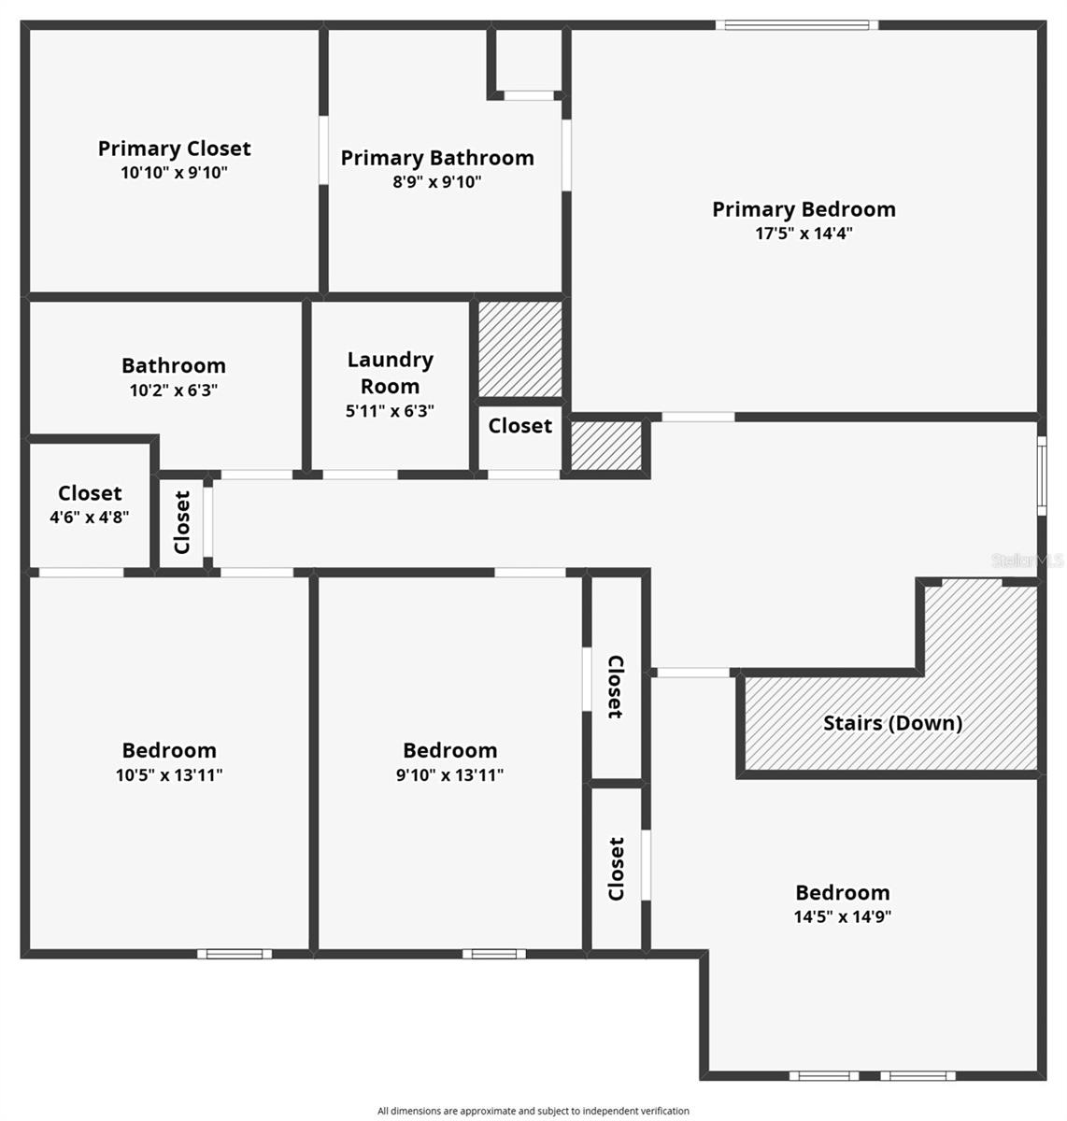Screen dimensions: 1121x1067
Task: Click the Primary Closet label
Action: tap(174, 149)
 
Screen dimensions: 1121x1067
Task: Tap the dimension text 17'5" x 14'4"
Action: tap(804, 234)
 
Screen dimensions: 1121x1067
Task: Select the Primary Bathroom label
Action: tap(437, 158)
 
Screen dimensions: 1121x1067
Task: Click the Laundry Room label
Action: tap(390, 373)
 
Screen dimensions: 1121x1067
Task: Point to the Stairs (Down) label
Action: tap(892, 722)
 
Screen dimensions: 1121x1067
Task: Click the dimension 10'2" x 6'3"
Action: tap(174, 390)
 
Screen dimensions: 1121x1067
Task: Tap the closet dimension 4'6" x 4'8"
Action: tap(90, 517)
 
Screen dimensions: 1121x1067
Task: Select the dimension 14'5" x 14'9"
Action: tap(842, 916)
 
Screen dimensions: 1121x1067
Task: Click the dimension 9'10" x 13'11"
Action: tap(449, 774)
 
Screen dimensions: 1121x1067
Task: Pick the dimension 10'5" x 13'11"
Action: tap(169, 774)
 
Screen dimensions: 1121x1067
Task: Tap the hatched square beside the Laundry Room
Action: tap(520, 348)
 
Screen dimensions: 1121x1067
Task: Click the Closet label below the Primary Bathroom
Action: tap(520, 426)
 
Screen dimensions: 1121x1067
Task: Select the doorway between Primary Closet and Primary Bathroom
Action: tap(323, 150)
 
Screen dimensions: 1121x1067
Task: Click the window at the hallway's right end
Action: tap(1041, 475)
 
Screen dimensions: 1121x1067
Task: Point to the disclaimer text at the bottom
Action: tap(533, 1111)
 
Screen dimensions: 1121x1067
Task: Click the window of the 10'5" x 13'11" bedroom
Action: tap(235, 954)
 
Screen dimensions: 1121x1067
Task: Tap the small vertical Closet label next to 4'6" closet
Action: tap(182, 522)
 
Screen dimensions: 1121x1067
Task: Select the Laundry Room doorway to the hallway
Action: tap(361, 475)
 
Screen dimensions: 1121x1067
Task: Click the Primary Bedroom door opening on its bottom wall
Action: tap(698, 417)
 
